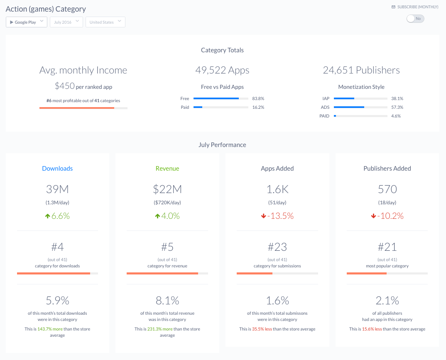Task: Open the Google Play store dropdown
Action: pyautogui.click(x=26, y=22)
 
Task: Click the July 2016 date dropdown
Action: pyautogui.click(x=66, y=22)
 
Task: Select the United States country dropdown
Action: pyautogui.click(x=105, y=22)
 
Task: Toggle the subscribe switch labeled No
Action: pyautogui.click(x=415, y=19)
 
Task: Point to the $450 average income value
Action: pyautogui.click(x=65, y=86)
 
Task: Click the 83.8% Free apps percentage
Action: pyautogui.click(x=258, y=99)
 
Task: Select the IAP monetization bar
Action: pyautogui.click(x=360, y=99)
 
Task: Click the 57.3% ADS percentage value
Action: pyautogui.click(x=397, y=108)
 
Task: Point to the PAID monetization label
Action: pyautogui.click(x=324, y=116)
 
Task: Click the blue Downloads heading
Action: pyautogui.click(x=57, y=169)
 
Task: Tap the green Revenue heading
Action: pyautogui.click(x=167, y=169)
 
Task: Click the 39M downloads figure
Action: pyautogui.click(x=57, y=189)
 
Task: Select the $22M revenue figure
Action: pyautogui.click(x=167, y=189)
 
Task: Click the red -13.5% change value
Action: pyautogui.click(x=281, y=216)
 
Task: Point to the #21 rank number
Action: pyautogui.click(x=387, y=247)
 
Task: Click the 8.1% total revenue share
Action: pyautogui.click(x=167, y=300)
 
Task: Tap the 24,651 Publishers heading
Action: pyautogui.click(x=361, y=70)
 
